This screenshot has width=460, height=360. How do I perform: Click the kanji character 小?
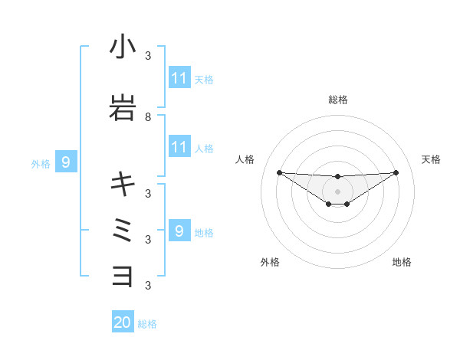pos(123,47)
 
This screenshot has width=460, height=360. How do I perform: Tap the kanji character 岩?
pos(123,107)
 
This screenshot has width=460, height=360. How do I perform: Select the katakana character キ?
pos(123,184)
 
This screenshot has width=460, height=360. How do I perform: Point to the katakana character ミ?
pos(123,229)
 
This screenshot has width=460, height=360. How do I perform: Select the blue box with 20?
pos(123,323)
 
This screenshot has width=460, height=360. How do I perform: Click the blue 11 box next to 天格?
pos(179,78)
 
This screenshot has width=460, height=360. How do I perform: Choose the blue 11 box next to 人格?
pos(179,146)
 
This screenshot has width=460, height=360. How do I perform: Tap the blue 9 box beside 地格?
pos(179,231)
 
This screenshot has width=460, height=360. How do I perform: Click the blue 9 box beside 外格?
pos(66,162)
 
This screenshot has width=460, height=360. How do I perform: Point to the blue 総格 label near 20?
pos(147,324)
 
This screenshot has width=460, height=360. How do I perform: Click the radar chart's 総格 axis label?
pos(338,100)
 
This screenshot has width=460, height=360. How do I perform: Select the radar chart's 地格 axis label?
pos(402,262)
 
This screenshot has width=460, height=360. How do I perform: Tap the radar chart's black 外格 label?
pos(270,262)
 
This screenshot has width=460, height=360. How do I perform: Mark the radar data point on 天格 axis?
pos(396,172)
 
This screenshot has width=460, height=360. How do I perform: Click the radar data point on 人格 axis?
pos(279,172)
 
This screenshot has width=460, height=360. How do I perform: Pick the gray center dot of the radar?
pos(338,191)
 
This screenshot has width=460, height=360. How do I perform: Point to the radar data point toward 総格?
pos(338,177)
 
